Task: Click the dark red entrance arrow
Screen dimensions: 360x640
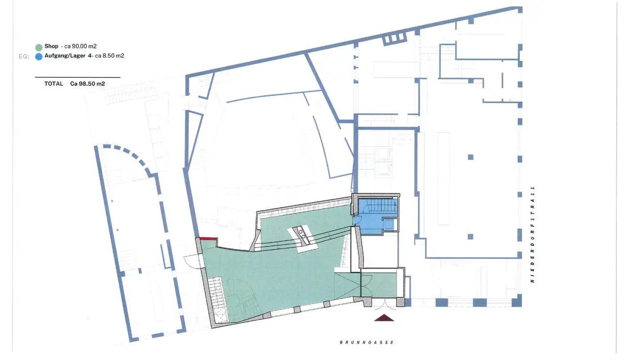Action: click(x=384, y=317)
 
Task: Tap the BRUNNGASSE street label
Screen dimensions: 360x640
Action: click(x=367, y=342)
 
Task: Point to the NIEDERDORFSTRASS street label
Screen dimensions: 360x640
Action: click(x=532, y=234)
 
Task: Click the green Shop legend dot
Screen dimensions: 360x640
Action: click(x=39, y=47)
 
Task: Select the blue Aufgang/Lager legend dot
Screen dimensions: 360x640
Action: click(x=39, y=56)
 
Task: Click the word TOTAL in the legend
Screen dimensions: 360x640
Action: click(x=53, y=84)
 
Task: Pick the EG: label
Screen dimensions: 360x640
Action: click(x=24, y=56)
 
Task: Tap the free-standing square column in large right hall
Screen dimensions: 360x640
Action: click(x=470, y=156)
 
